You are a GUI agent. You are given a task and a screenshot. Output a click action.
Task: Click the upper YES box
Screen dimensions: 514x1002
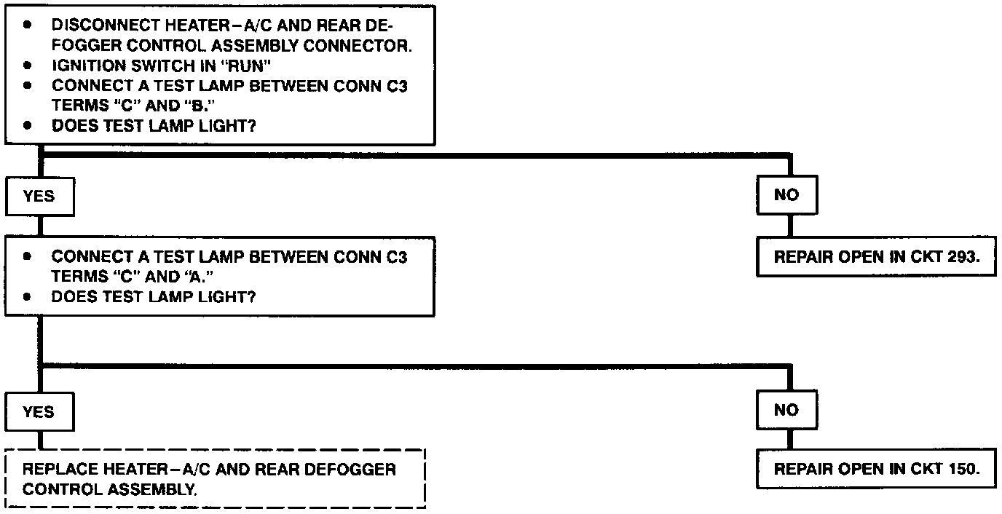39,197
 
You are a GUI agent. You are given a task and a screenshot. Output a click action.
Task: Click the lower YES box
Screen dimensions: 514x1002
39,412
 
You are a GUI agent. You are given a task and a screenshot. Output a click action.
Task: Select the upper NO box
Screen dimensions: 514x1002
786,195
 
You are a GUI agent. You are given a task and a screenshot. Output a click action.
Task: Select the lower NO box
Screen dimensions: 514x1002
786,411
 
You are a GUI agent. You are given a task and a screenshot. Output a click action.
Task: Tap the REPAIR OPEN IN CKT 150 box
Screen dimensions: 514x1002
875,469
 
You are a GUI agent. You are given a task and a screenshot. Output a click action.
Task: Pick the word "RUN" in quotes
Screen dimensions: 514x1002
247,65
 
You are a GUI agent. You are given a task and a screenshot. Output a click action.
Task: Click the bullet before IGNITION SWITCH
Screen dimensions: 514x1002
28,65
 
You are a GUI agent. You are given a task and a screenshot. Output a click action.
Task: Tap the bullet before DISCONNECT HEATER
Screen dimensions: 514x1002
28,25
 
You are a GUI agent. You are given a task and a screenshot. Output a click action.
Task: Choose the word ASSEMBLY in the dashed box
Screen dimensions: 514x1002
152,489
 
